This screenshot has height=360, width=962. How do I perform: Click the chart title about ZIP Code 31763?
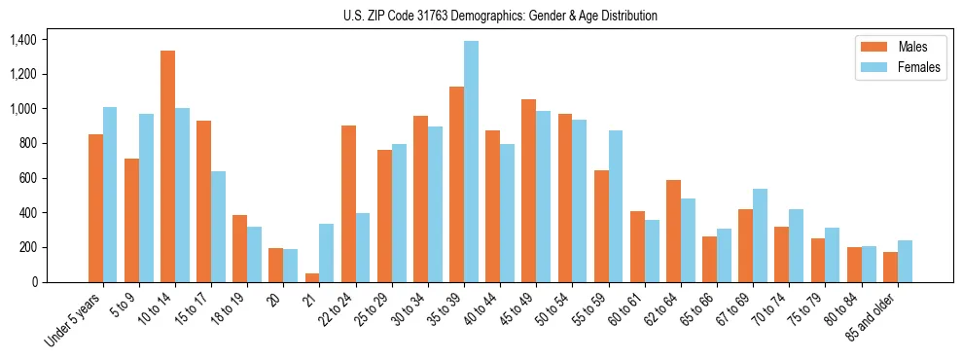point(500,16)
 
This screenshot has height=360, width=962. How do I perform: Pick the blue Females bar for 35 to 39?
point(472,162)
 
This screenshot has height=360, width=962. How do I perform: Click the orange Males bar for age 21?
point(312,277)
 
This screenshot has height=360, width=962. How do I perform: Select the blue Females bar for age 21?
point(327,253)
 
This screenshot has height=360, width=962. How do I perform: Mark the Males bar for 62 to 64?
point(674,232)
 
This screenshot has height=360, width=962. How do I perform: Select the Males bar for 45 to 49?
point(529,191)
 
